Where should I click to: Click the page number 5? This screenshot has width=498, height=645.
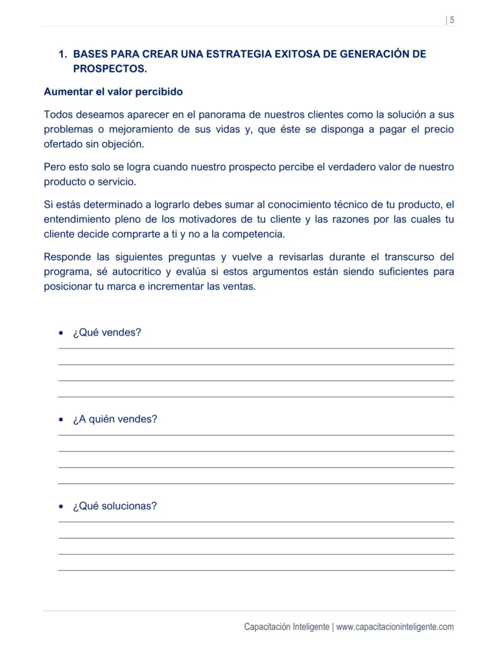click(x=451, y=20)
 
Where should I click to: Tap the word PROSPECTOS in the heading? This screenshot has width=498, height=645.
click(x=110, y=69)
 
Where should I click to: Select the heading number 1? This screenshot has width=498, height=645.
click(x=62, y=55)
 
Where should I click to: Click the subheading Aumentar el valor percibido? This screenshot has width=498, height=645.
click(x=113, y=91)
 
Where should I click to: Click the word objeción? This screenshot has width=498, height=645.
click(x=121, y=144)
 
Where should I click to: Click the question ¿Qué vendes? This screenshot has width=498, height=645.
click(x=107, y=333)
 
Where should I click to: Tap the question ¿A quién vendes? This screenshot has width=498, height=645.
click(x=115, y=419)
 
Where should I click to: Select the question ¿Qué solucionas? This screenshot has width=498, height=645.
click(x=115, y=506)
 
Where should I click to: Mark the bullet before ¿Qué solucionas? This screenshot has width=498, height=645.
click(x=61, y=507)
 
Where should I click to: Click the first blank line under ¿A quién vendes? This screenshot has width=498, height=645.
click(x=256, y=435)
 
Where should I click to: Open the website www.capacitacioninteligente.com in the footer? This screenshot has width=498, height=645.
click(x=395, y=627)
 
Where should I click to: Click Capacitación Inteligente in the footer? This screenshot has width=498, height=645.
click(x=287, y=627)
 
